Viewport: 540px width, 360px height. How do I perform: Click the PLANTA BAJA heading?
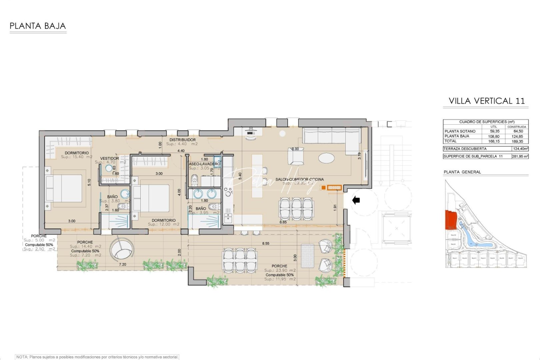[x=38, y=26]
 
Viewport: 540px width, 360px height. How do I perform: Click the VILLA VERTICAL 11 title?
[x=486, y=101]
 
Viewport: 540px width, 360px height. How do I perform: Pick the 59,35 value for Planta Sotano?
[x=494, y=131]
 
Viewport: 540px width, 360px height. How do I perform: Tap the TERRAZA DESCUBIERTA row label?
[x=465, y=149]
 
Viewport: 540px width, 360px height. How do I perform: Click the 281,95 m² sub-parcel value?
[x=520, y=156]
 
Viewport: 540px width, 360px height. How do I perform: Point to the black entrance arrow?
[x=356, y=200]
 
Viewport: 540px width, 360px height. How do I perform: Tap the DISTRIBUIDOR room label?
[x=182, y=140]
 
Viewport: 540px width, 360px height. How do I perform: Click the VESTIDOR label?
[x=109, y=158]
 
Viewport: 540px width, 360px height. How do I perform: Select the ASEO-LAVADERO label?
[x=204, y=164]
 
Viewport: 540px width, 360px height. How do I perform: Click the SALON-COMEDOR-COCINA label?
[x=299, y=179]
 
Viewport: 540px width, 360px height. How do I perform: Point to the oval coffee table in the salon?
[x=326, y=158]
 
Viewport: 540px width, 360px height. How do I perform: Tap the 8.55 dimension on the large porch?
[x=266, y=243]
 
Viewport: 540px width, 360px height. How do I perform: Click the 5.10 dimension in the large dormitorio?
[x=89, y=182]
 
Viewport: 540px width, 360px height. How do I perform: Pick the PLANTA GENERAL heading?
[x=462, y=172]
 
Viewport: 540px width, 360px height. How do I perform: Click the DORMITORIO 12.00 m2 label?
[x=163, y=220]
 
